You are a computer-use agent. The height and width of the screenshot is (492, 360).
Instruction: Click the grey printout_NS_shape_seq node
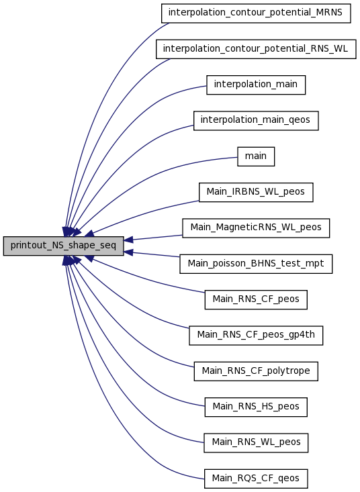[63, 246]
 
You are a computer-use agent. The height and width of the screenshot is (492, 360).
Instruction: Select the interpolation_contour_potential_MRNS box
[256, 13]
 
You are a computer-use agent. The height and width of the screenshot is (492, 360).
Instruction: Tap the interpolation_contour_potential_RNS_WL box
[256, 49]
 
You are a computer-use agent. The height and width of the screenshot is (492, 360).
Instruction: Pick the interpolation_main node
[256, 85]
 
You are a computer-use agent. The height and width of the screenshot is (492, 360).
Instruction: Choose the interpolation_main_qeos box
[256, 121]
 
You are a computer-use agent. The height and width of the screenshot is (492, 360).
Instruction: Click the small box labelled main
[256, 156]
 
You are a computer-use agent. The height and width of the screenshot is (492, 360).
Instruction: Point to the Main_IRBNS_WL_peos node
[256, 192]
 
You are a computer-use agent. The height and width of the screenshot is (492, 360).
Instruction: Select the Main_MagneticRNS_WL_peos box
[256, 228]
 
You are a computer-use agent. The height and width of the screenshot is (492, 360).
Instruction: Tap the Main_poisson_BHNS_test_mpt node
[256, 264]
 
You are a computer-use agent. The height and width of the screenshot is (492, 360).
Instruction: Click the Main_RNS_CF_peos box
[256, 299]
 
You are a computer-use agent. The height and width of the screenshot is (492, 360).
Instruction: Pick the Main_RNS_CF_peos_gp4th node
[256, 336]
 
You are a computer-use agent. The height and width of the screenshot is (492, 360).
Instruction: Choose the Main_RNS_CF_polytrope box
[256, 371]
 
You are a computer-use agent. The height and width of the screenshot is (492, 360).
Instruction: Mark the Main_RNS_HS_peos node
[256, 407]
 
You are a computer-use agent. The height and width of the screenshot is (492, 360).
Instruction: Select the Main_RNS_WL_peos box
[256, 443]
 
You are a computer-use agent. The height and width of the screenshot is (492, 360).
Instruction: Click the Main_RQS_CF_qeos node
[256, 479]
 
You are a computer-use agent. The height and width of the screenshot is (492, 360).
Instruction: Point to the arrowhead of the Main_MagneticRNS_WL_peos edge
[128, 240]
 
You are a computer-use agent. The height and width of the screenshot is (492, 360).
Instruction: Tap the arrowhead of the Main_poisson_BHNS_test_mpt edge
[128, 252]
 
